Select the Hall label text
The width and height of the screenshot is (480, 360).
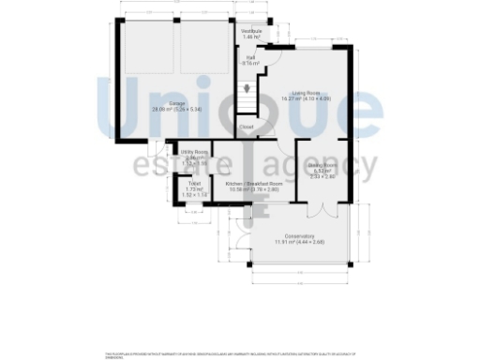coord(251,57)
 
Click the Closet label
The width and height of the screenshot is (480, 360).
coord(246,127)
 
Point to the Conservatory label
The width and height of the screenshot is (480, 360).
coord(293,235)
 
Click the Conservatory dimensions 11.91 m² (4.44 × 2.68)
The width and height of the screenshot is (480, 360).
coord(293,242)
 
